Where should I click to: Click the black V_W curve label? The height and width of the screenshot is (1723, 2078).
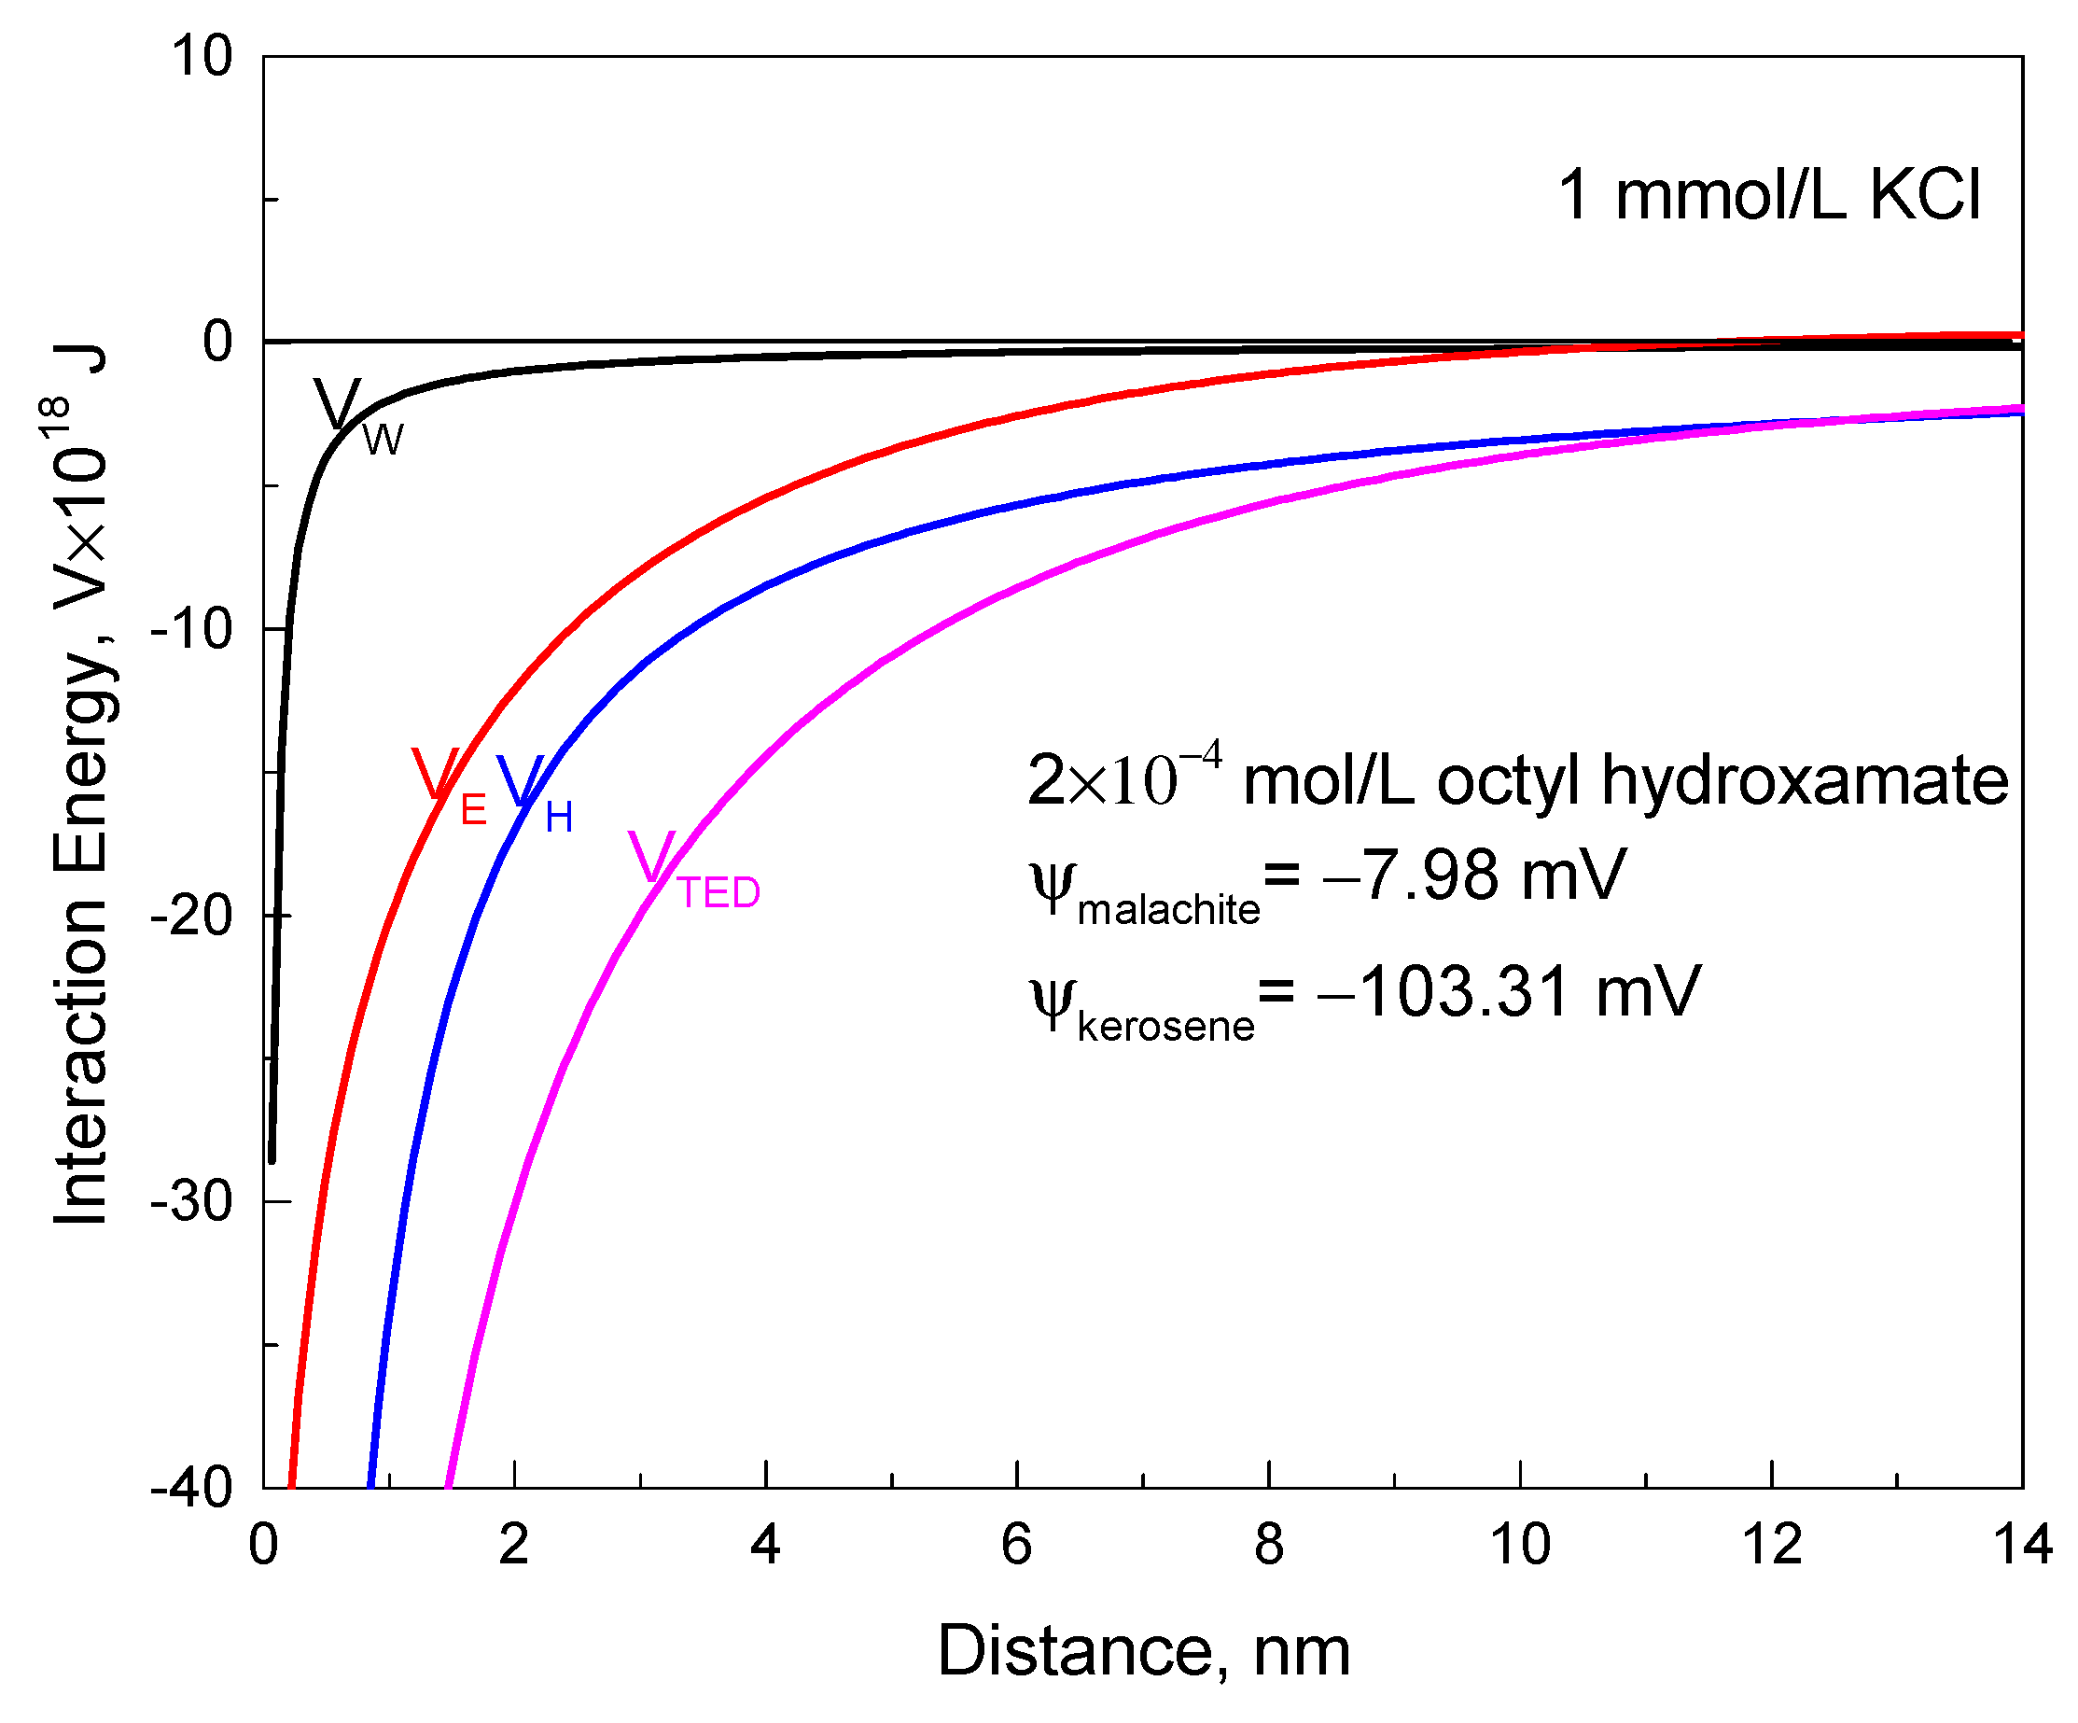[x=356, y=413]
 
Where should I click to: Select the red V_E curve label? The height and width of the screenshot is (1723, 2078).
[x=447, y=787]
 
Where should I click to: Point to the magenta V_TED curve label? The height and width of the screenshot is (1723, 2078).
[x=692, y=869]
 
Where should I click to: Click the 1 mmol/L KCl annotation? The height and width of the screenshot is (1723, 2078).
[x=1767, y=195]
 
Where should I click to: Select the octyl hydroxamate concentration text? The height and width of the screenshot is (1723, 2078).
[x=1517, y=781]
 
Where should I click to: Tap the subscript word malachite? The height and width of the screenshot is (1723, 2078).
[x=1167, y=909]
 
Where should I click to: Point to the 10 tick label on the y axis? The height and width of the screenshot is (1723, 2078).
[x=202, y=56]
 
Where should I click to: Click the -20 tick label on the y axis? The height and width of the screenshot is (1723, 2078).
[x=192, y=916]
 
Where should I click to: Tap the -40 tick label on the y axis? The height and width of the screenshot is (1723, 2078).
[x=192, y=1487]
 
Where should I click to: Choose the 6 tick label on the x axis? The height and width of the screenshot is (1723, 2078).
[x=1016, y=1544]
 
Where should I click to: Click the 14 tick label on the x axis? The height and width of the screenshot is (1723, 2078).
[x=2023, y=1544]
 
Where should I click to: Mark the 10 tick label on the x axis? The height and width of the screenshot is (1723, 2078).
[x=1520, y=1544]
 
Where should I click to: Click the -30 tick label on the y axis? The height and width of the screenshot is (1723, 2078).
[x=192, y=1201]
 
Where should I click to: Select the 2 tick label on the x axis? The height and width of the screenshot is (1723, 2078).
[x=513, y=1544]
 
